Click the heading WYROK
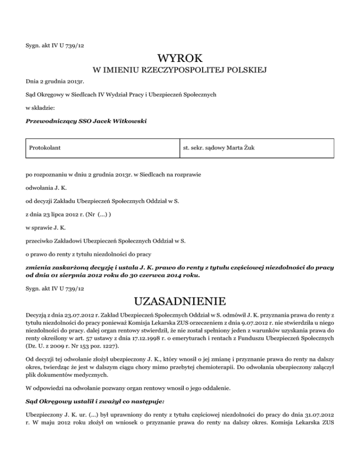click(180, 59)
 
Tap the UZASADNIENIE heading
click(180, 300)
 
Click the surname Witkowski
click(129, 121)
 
